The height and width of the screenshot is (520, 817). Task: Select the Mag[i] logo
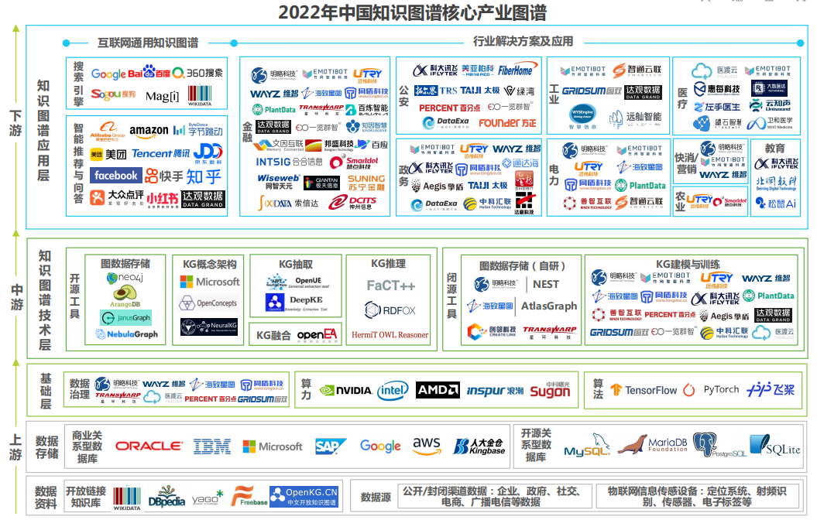[162, 97]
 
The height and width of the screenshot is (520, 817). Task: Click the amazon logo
[149, 132]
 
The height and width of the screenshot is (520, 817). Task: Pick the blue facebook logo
[116, 176]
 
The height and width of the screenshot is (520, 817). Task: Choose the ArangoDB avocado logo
[125, 296]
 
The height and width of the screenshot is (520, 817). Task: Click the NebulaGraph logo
[126, 334]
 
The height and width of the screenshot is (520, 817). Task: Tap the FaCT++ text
[390, 286]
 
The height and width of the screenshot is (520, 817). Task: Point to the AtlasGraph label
[548, 306]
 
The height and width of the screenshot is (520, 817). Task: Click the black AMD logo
[438, 390]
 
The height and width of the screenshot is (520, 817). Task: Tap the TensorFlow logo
[644, 391]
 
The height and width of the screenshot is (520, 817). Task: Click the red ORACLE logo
[149, 446]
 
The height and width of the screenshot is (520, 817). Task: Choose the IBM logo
[211, 446]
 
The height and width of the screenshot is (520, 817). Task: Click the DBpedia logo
[166, 496]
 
